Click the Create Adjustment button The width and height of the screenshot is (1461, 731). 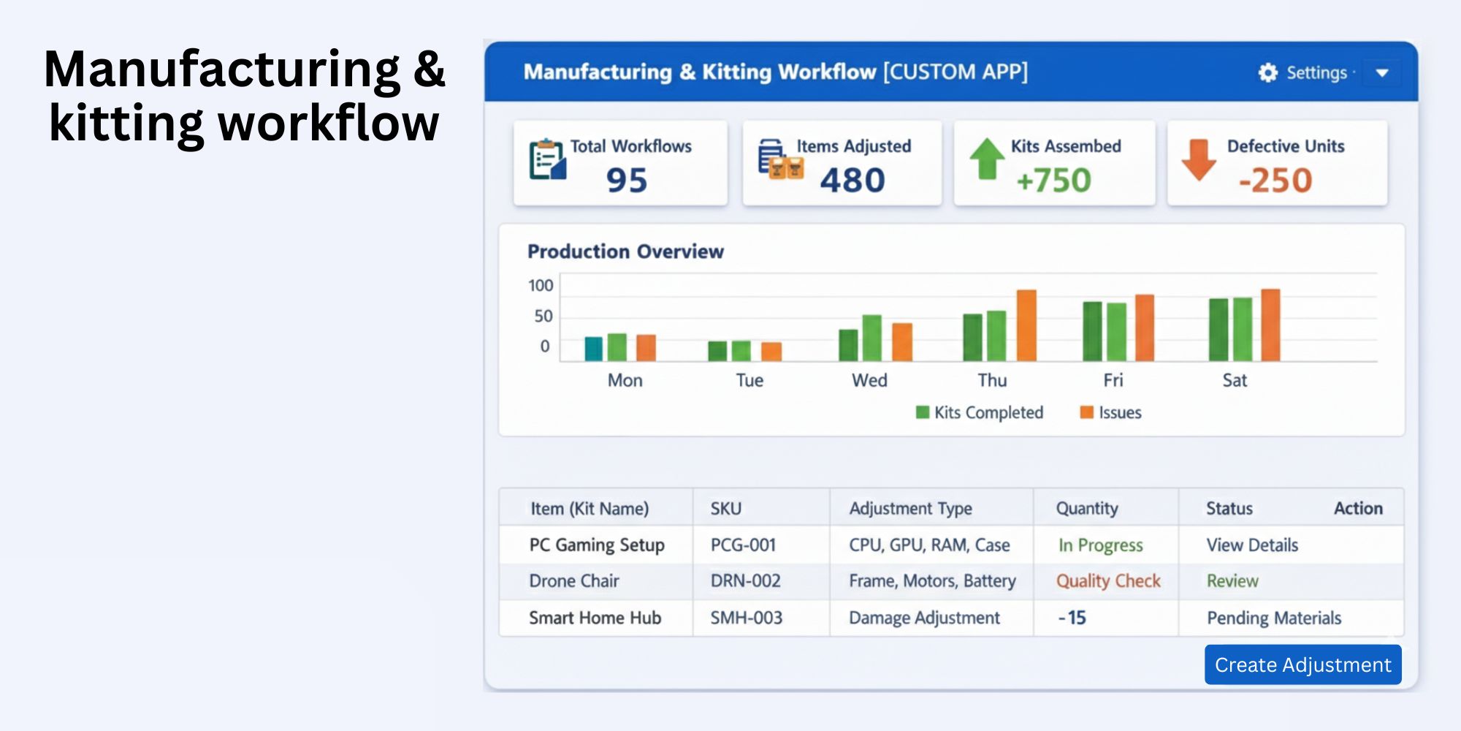click(x=1302, y=664)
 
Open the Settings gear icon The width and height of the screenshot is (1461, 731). click(x=1268, y=72)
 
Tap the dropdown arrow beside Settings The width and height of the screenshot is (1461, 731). click(x=1381, y=73)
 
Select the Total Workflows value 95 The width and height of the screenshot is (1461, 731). click(x=627, y=180)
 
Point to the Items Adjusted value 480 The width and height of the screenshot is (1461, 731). click(x=852, y=180)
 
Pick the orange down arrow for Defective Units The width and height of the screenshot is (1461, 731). click(x=1199, y=159)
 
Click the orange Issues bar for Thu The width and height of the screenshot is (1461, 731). click(x=1026, y=325)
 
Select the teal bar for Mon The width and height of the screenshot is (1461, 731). click(x=594, y=349)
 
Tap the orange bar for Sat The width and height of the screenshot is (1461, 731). click(x=1270, y=325)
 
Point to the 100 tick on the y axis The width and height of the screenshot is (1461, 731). click(x=541, y=285)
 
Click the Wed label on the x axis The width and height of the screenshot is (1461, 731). click(x=869, y=380)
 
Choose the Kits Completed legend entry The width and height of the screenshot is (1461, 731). click(x=980, y=412)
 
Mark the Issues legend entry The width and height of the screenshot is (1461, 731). click(x=1111, y=412)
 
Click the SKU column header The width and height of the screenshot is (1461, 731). click(x=725, y=508)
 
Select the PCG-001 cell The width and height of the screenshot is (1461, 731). click(x=743, y=545)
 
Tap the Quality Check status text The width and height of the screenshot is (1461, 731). click(x=1107, y=581)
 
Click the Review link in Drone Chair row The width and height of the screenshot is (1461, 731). click(x=1232, y=581)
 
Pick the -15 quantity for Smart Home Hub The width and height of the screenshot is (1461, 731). click(x=1072, y=618)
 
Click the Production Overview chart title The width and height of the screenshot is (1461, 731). click(x=625, y=251)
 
